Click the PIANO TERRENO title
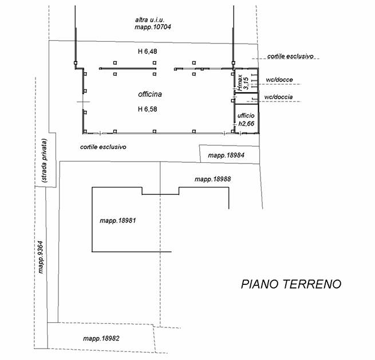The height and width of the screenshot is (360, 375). [x=291, y=284]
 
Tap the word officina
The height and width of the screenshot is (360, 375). [x=150, y=94]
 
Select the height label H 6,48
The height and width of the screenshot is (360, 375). [x=148, y=52]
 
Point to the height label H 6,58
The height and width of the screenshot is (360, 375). [x=148, y=109]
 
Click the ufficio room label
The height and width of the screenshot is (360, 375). [x=246, y=116]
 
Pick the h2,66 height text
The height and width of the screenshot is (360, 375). [x=246, y=124]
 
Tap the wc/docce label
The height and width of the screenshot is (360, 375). [x=279, y=80]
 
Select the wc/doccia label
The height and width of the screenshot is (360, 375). [x=278, y=97]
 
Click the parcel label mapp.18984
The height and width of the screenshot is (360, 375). [x=226, y=155]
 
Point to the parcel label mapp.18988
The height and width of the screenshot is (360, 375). [x=212, y=179]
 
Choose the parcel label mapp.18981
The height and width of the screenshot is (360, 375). [x=118, y=221]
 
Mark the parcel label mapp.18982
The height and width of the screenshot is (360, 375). [x=101, y=339]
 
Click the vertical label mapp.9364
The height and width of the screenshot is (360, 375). [x=41, y=257]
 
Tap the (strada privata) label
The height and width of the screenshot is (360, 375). [x=45, y=161]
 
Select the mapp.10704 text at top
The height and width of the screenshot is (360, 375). [x=153, y=27]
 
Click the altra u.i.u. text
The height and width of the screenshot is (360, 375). [x=149, y=20]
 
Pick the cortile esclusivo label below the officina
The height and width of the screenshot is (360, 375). [x=103, y=147]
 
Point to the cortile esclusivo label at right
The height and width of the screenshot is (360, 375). [x=290, y=56]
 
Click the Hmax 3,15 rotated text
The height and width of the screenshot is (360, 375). [x=243, y=82]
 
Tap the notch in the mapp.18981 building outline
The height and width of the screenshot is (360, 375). [x=160, y=194]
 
